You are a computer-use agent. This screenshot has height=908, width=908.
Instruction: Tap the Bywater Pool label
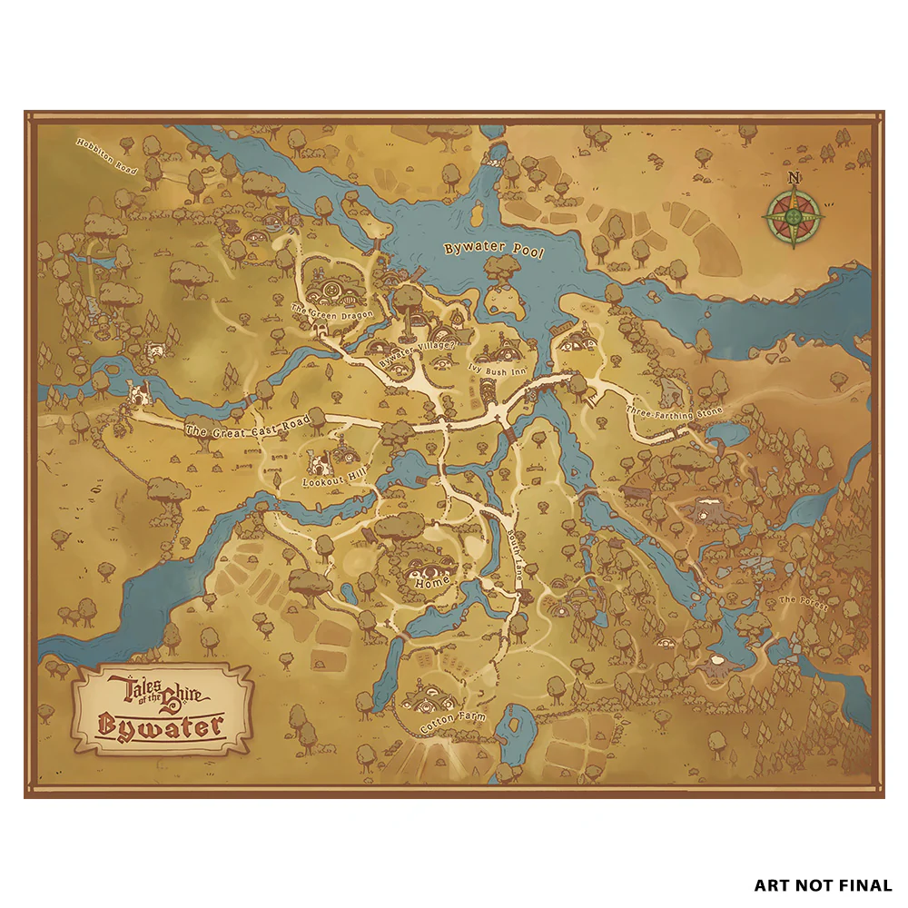coord(493,252)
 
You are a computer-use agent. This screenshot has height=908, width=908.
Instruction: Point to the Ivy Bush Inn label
coord(498,368)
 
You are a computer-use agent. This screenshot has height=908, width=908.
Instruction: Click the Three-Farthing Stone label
coord(674,413)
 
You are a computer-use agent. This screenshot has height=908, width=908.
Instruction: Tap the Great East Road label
coord(247,427)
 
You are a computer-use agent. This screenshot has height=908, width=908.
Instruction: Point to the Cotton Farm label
coord(452,723)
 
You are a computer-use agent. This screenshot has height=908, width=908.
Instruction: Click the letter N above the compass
coord(794,178)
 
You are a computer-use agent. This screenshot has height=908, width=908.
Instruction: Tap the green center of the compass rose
coord(794,217)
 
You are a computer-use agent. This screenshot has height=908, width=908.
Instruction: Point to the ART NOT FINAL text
coord(823,884)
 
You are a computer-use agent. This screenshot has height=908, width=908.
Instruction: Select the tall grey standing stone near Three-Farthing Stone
coord(671,391)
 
